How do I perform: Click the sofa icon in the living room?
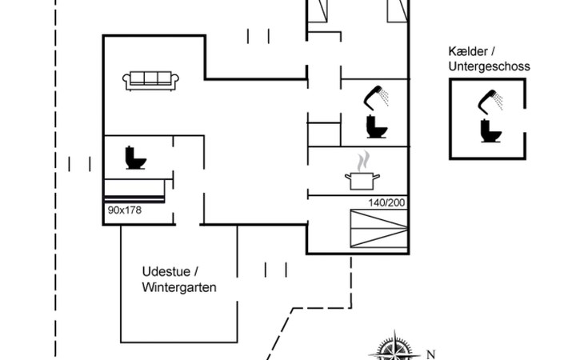click(151, 79)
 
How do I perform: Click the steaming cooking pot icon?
click(362, 180)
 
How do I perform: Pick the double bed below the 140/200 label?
click(378, 230)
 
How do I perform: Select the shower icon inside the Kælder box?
click(490, 100)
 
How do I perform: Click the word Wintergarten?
click(179, 287)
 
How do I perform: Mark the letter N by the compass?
click(430, 354)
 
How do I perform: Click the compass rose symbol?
click(391, 350)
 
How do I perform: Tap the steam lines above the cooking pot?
click(363, 158)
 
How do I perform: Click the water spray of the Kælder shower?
click(500, 101)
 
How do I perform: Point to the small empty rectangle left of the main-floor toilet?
click(324, 134)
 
